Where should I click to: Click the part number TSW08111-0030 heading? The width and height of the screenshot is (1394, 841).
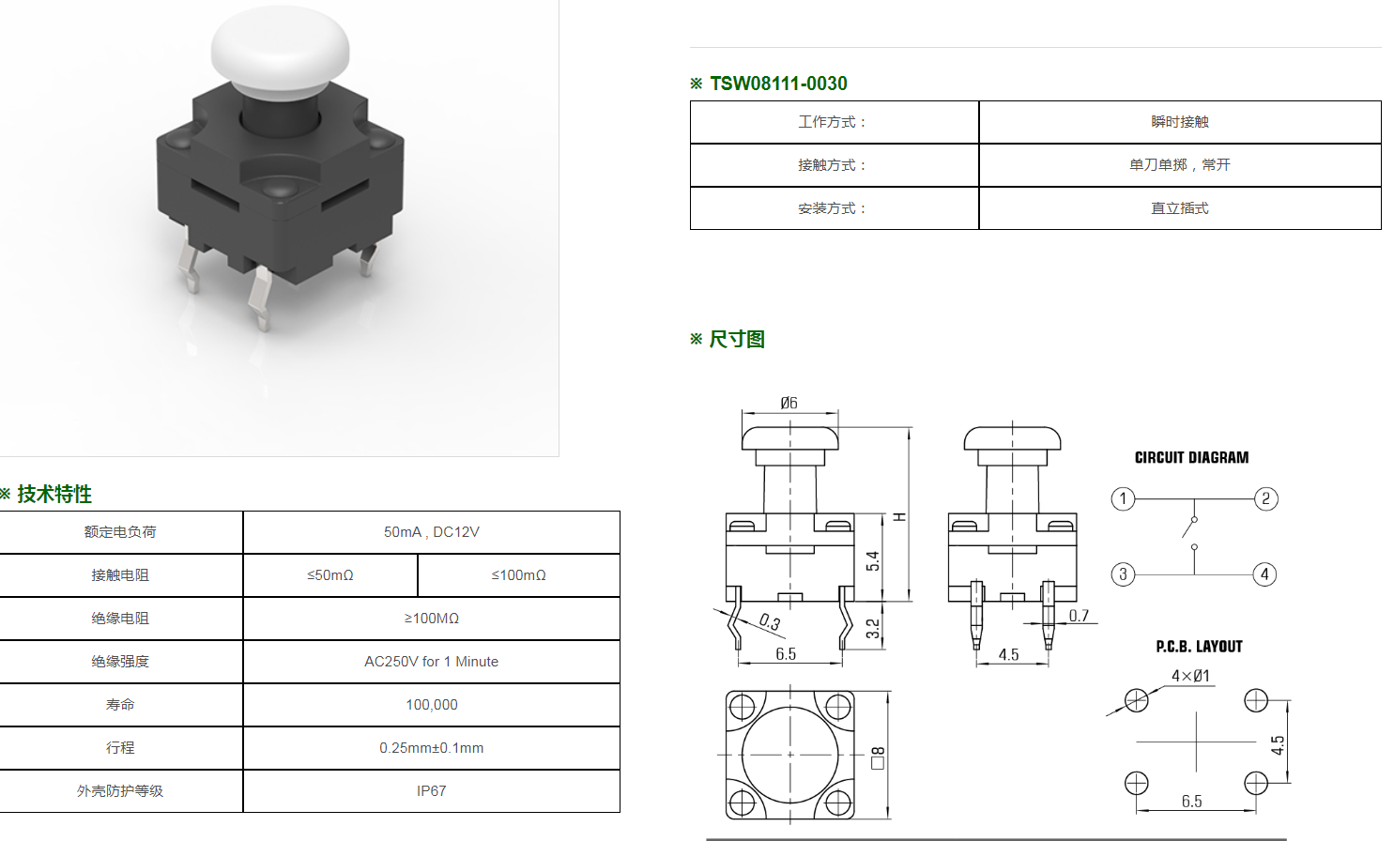778,84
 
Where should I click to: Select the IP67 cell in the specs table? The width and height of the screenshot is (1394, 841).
431,790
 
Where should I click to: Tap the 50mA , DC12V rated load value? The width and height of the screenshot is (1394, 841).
431,532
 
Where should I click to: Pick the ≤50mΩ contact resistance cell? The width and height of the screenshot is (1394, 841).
329,575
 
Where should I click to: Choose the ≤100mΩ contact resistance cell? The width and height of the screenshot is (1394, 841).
518,575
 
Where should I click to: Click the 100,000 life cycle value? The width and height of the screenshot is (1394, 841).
431,705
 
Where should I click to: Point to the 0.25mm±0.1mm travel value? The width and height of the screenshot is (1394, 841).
431,748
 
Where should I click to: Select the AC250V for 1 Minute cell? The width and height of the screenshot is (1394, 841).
431,661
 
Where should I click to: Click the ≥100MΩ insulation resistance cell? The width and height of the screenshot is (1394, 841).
431,619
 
